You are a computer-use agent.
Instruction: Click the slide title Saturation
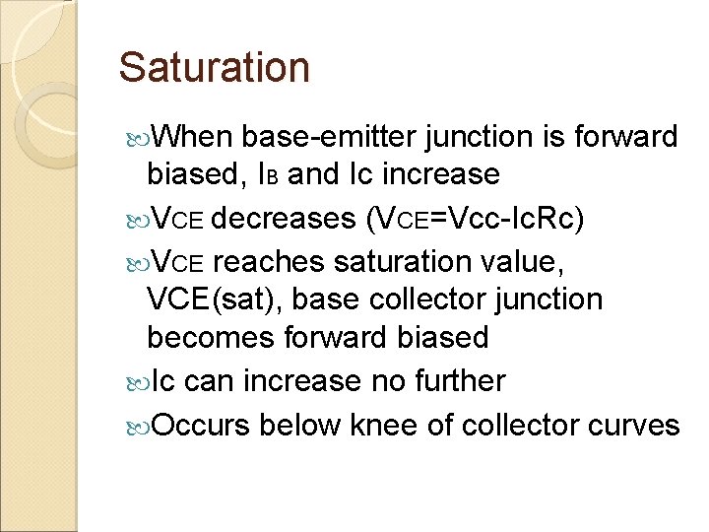[214, 68]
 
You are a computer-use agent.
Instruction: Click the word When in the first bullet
[194, 137]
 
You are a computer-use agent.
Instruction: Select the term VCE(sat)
[217, 299]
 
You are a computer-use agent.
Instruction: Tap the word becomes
[210, 338]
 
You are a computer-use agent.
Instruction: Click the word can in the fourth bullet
[205, 381]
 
